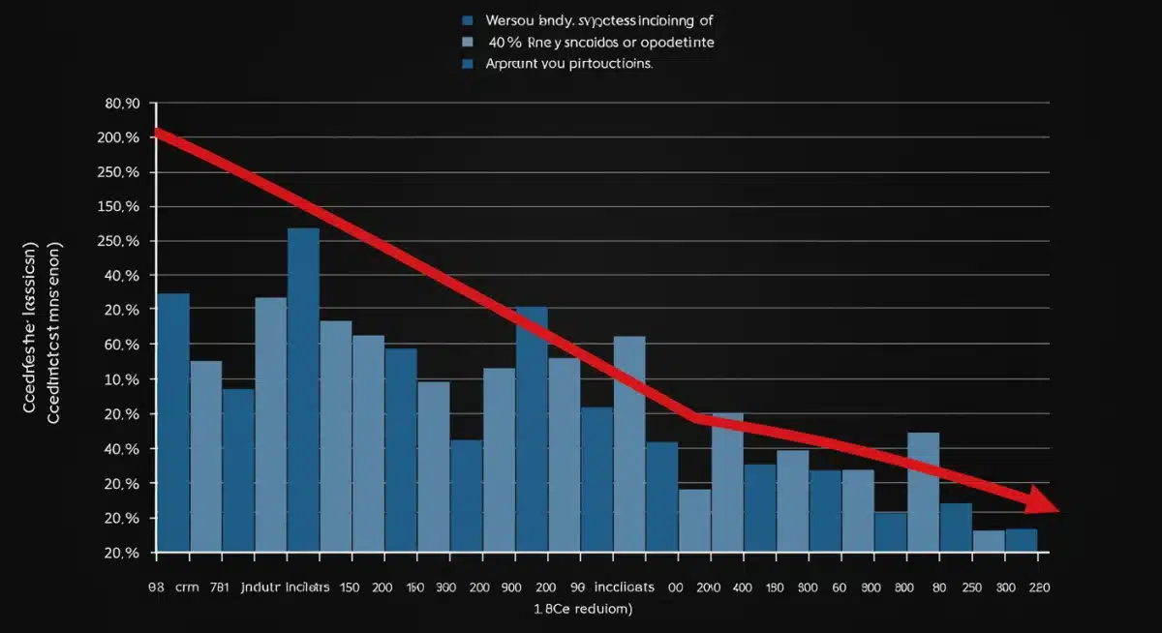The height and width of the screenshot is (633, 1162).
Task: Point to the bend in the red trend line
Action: pos(695,418)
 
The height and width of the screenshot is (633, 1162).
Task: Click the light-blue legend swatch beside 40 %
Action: pos(469,43)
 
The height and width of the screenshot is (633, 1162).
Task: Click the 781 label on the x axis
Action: pos(233,587)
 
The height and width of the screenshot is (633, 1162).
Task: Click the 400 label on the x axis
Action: pos(743,587)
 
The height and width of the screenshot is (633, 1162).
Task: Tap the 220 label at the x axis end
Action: pos(1038,587)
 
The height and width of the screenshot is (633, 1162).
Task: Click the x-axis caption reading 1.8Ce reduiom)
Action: pos(583,610)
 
